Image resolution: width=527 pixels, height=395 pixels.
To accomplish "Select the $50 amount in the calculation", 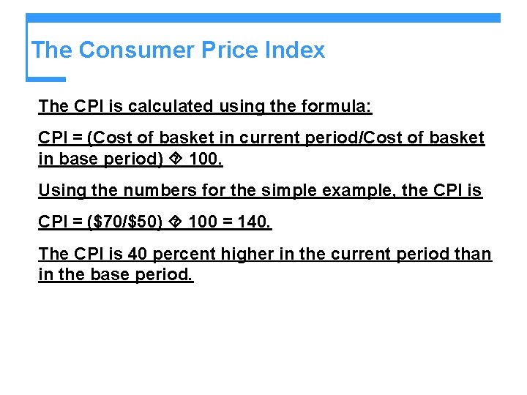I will click(x=140, y=223).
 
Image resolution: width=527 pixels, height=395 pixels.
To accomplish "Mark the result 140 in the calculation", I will click(x=255, y=223).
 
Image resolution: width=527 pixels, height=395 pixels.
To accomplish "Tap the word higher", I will click(x=250, y=255).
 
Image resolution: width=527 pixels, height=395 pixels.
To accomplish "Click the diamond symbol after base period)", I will click(x=176, y=159).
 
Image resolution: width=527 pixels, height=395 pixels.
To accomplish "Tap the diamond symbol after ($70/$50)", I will click(x=176, y=223).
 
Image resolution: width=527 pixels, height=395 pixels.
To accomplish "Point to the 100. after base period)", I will click(x=205, y=159).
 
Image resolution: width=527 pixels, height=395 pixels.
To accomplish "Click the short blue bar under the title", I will click(x=45, y=79).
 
